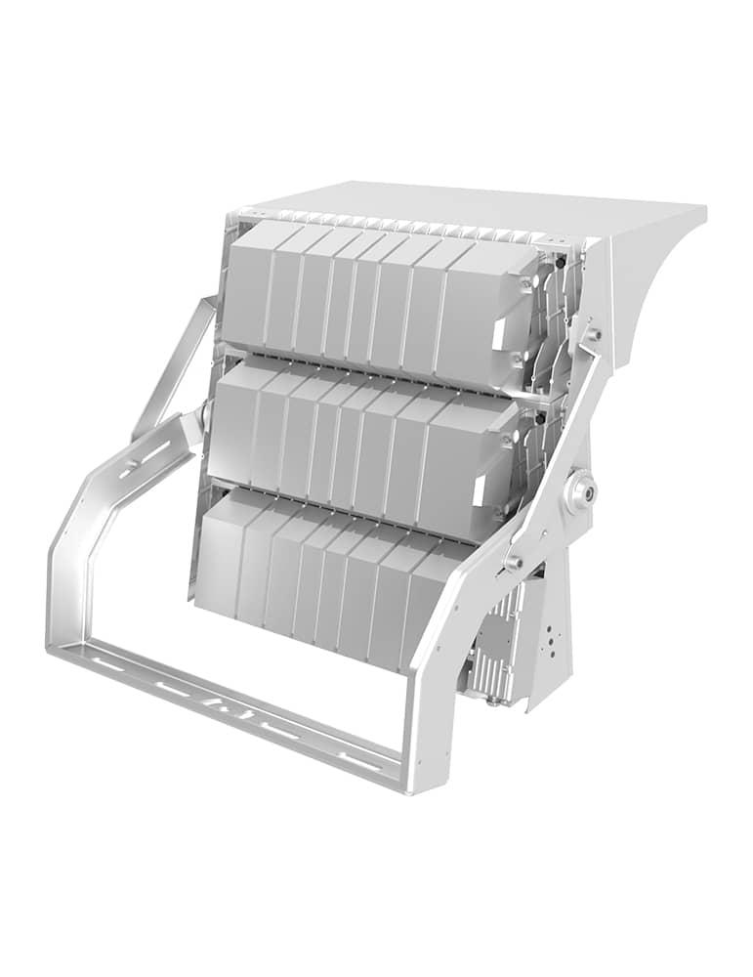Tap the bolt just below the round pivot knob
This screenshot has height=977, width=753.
pyautogui.click(x=514, y=562)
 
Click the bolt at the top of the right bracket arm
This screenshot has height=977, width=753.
pyautogui.click(x=593, y=334)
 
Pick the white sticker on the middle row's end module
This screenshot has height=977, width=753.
pyautogui.click(x=479, y=493)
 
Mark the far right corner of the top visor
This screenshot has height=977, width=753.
pyautogui.click(x=704, y=208)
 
